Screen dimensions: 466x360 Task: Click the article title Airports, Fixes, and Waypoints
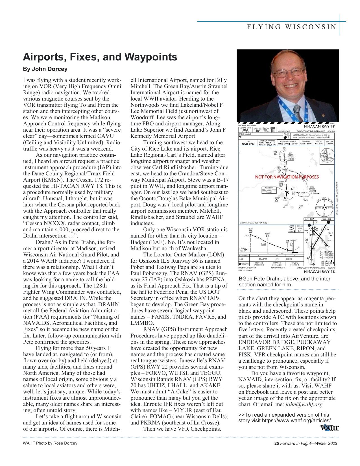(x=100, y=57)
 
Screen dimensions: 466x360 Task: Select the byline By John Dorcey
(x=45, y=69)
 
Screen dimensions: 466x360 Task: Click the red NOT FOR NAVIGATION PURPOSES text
(x=287, y=177)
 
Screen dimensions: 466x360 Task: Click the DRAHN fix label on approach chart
(x=312, y=188)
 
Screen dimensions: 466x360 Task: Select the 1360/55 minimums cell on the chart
(x=261, y=259)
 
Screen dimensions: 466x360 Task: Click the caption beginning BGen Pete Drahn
(x=285, y=282)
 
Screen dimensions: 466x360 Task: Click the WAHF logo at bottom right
(x=329, y=428)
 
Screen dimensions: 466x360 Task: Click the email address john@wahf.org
(x=304, y=404)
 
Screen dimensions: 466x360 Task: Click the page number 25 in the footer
(x=276, y=443)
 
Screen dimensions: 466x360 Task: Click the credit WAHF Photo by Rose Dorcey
(x=50, y=443)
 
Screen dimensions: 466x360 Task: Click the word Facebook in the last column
(x=257, y=392)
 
